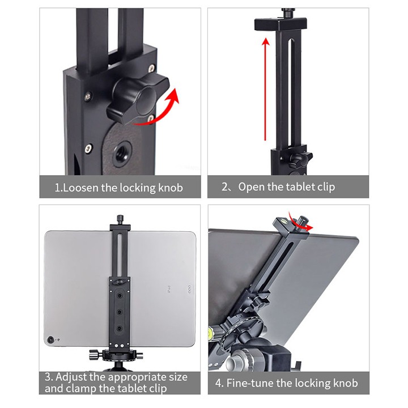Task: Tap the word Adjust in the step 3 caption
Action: (x=71, y=377)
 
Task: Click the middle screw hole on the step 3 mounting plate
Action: (x=120, y=312)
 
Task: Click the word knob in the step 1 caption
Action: (x=171, y=188)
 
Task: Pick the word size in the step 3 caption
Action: (x=178, y=377)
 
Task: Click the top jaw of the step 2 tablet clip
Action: (x=280, y=23)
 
